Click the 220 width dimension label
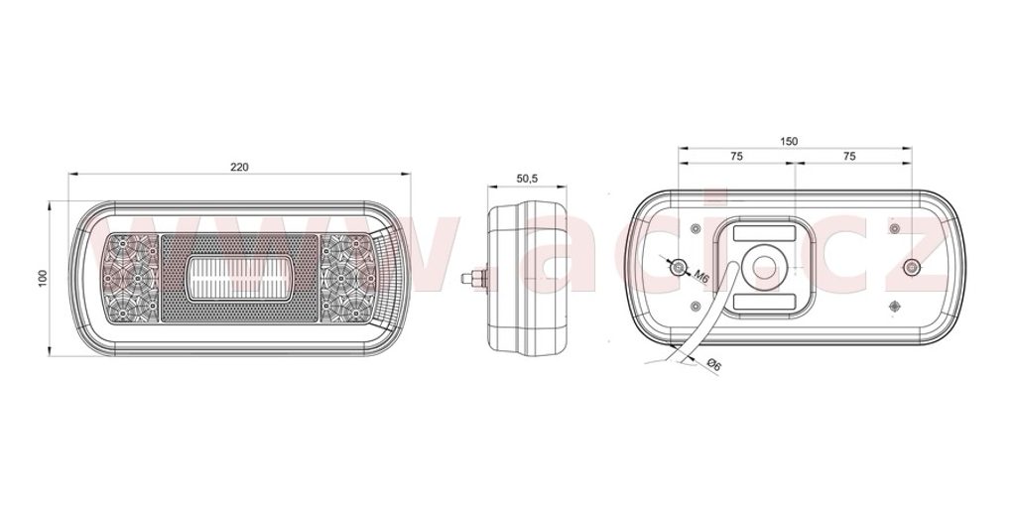point(239,167)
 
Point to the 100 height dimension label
point(44,279)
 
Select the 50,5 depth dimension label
point(527,179)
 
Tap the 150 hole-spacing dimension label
point(789,141)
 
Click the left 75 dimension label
point(736,156)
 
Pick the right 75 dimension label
point(849,156)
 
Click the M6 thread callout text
point(701,276)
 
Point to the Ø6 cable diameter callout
point(712,365)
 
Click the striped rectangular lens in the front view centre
point(239,279)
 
